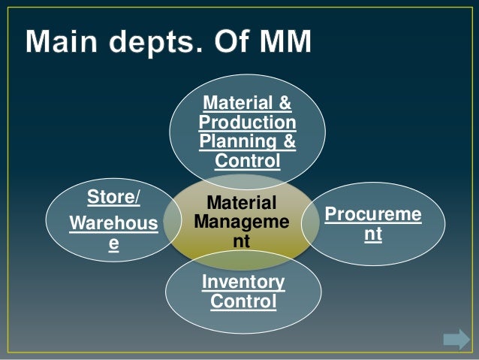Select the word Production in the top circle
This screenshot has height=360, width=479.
click(248, 123)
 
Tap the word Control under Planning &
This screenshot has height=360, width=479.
click(248, 161)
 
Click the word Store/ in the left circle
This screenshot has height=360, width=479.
click(113, 198)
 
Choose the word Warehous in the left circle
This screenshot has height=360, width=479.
click(113, 224)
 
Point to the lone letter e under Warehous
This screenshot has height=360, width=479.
click(113, 244)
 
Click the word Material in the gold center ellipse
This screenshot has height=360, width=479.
click(242, 203)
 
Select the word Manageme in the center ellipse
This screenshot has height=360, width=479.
click(241, 223)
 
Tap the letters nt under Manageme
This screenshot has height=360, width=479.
click(242, 242)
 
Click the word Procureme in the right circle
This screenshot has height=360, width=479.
click(372, 216)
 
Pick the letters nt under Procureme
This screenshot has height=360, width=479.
click(373, 235)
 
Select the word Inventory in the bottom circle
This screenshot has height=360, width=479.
click(243, 283)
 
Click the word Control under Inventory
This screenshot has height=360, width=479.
click(243, 302)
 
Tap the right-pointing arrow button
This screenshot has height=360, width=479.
click(456, 339)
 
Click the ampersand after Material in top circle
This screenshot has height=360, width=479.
click(286, 103)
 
